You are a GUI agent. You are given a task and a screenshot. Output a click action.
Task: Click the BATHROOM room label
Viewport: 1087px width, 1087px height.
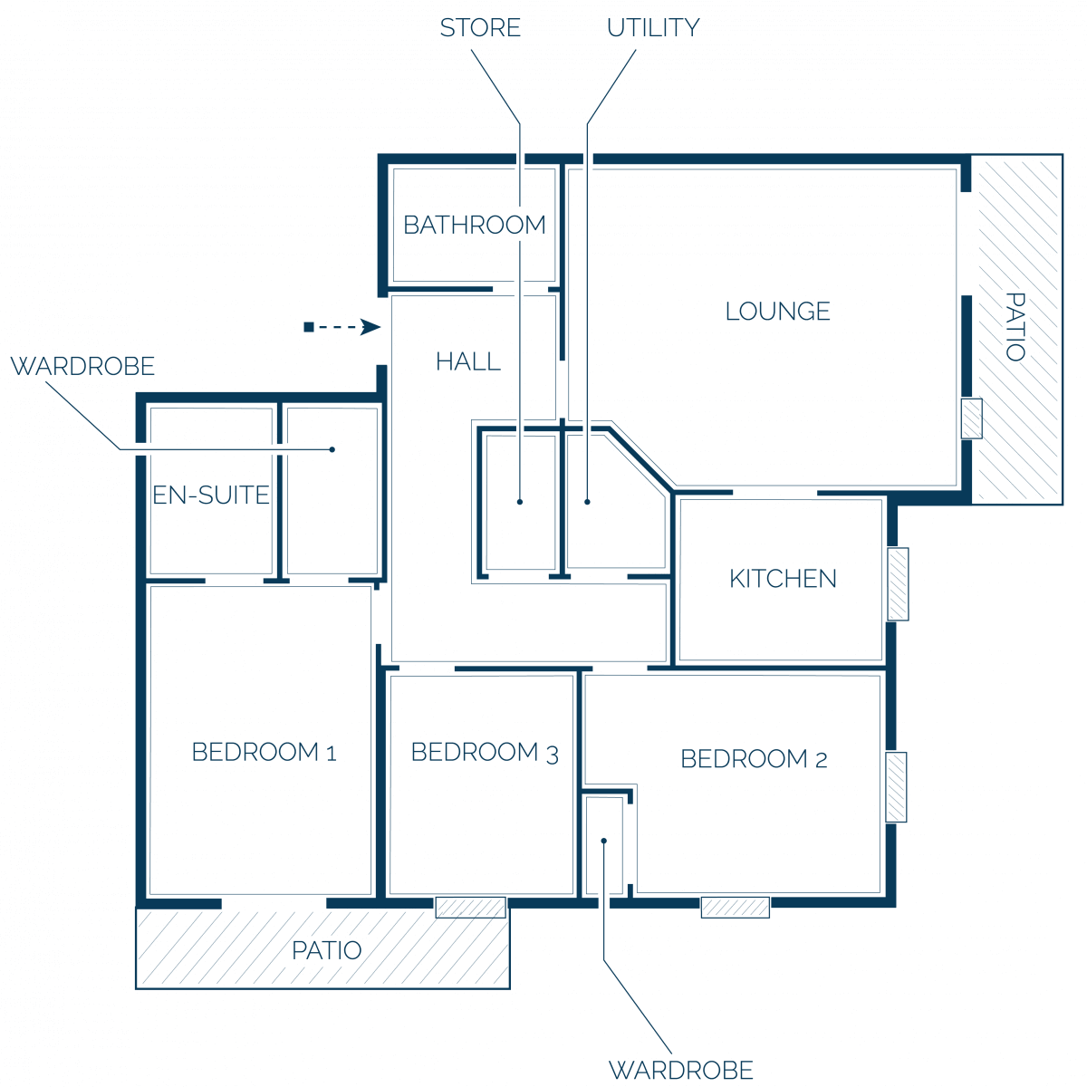pyautogui.click(x=474, y=225)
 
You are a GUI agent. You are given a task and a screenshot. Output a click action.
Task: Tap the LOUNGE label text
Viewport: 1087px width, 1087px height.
pyautogui.click(x=777, y=312)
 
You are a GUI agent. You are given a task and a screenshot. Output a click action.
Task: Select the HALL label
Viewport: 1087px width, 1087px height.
pyautogui.click(x=467, y=361)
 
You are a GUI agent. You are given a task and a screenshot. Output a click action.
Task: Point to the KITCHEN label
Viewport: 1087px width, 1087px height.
pyautogui.click(x=783, y=579)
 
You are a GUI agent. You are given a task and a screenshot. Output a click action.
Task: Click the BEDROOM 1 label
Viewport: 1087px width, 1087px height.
pyautogui.click(x=264, y=752)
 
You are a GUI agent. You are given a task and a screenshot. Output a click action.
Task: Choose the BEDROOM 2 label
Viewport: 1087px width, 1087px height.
pyautogui.click(x=754, y=759)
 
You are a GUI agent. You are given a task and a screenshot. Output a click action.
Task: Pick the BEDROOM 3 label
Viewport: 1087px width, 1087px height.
pyautogui.click(x=485, y=753)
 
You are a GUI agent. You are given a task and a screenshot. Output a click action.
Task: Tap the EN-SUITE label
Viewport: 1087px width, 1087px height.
pyautogui.click(x=211, y=495)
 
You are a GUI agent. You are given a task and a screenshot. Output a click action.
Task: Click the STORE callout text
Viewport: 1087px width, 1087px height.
pyautogui.click(x=480, y=28)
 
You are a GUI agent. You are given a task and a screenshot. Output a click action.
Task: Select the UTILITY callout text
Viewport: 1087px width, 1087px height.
pyautogui.click(x=653, y=28)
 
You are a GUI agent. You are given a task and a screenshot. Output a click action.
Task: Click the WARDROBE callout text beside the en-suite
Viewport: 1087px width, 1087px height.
pyautogui.click(x=82, y=367)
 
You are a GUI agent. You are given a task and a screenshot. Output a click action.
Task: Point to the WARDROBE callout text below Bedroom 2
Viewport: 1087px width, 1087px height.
pyautogui.click(x=681, y=1070)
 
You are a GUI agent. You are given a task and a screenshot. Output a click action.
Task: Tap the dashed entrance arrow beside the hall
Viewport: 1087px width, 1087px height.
pyautogui.click(x=341, y=327)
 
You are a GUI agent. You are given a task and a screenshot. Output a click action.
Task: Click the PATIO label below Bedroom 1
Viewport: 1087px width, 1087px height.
pyautogui.click(x=327, y=950)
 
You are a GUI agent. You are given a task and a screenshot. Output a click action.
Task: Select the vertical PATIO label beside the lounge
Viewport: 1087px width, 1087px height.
pyautogui.click(x=1015, y=327)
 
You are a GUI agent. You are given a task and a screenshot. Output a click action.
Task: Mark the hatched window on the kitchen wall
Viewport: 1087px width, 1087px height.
pyautogui.click(x=898, y=584)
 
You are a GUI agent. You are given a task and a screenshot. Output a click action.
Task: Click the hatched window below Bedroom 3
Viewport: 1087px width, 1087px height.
pyautogui.click(x=470, y=908)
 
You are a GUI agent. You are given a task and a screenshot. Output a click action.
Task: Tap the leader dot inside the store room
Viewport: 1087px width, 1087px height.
pyautogui.click(x=520, y=502)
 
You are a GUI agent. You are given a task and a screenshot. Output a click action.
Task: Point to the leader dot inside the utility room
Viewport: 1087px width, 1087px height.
pyautogui.click(x=587, y=502)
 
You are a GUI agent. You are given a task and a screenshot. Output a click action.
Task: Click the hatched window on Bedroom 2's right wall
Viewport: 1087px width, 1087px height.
pyautogui.click(x=896, y=787)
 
